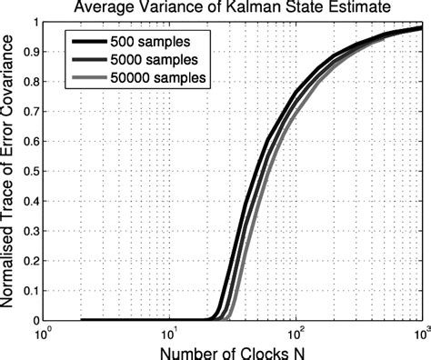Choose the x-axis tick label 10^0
43,333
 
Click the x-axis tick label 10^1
169,333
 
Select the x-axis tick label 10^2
296,333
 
